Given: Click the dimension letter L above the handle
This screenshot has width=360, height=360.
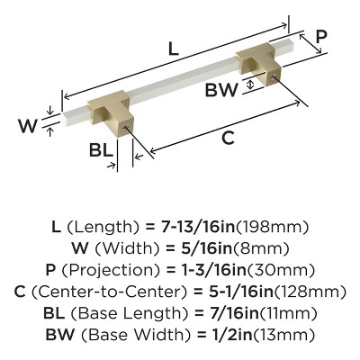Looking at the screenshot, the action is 174,49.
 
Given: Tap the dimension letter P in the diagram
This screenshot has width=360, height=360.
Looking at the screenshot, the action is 321,37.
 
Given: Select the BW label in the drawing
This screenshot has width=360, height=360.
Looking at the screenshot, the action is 221,89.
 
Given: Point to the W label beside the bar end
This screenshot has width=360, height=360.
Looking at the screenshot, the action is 28,126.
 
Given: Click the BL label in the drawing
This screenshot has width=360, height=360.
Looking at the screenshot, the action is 101,150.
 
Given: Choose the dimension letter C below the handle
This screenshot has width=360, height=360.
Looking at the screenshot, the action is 228,139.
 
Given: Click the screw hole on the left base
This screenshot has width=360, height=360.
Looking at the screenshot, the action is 126,128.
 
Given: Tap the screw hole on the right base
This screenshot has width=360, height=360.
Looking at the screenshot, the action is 273,76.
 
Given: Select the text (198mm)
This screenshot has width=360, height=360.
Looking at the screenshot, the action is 273,227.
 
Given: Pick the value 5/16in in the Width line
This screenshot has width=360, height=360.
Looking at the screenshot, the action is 206,248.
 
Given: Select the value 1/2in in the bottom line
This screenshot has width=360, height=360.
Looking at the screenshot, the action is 229,335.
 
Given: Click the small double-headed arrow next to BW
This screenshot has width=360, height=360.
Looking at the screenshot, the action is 250,84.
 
